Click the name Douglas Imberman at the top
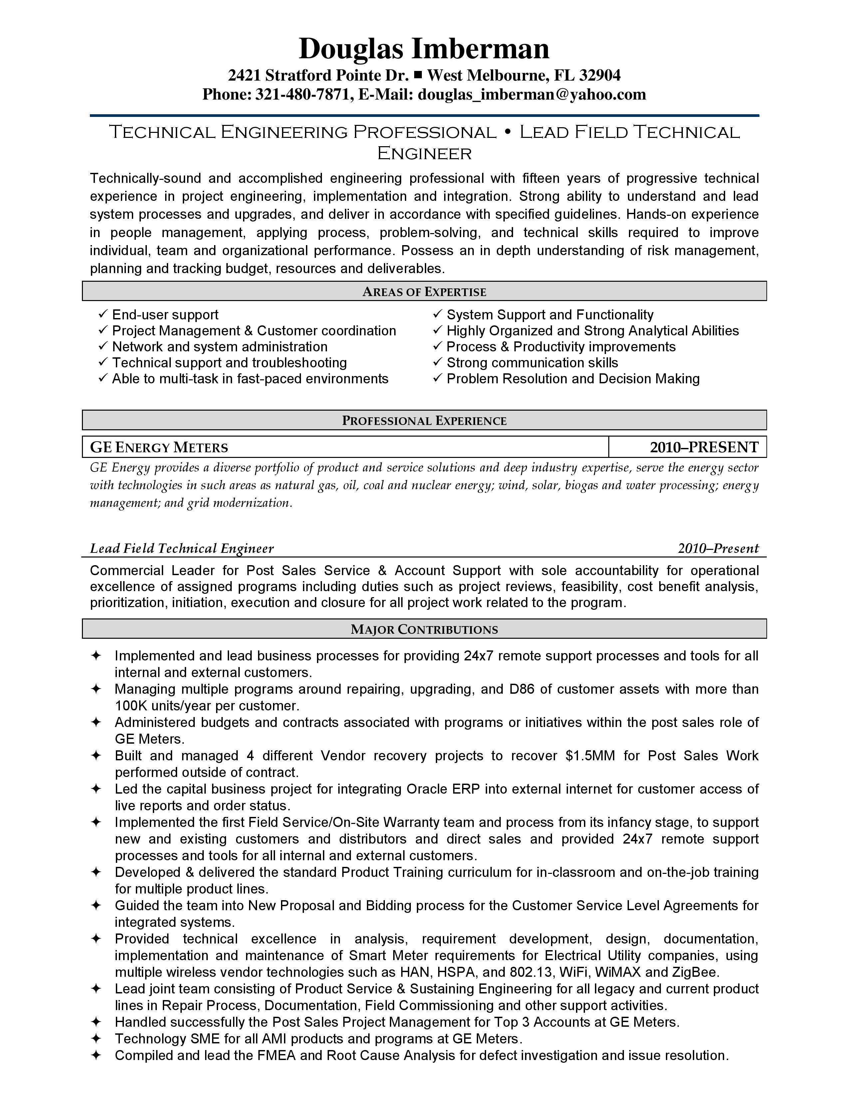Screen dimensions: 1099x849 coord(424,49)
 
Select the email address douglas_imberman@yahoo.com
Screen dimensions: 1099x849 coord(532,94)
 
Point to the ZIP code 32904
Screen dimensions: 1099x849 coord(600,76)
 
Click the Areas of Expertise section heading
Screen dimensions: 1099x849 coord(424,292)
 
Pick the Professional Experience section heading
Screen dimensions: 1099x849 coord(424,421)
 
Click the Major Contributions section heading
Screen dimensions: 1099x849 coord(424,629)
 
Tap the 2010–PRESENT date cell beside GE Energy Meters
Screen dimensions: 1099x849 coord(704,447)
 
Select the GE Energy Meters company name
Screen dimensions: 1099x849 coord(159,447)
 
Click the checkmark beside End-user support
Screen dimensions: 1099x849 coord(103,314)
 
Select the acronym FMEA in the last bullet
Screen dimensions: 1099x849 coord(276,1055)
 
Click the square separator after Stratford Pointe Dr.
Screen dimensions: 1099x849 coord(418,75)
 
